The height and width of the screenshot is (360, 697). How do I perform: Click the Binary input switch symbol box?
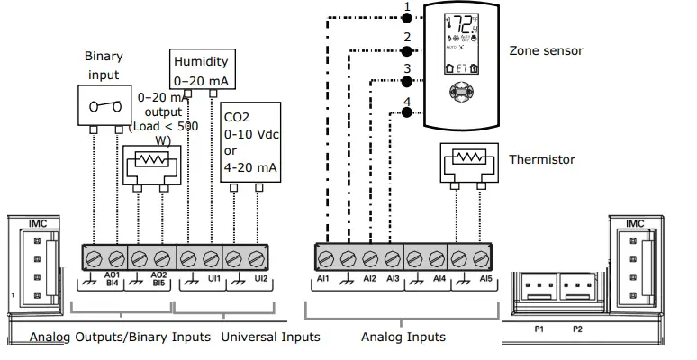tap(106, 106)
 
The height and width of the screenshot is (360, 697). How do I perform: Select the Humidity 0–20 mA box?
tap(201, 69)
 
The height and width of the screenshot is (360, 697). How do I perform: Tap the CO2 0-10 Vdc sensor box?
tap(249, 141)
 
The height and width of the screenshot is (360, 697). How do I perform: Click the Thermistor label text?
tap(540, 160)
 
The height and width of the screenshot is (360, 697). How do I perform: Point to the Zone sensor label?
tap(546, 50)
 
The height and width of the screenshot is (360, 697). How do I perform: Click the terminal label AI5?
tap(486, 280)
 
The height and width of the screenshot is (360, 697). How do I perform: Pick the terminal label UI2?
tap(261, 280)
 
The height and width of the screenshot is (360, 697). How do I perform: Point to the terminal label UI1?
tap(213, 280)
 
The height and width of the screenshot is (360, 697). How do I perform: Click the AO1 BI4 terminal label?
tap(113, 279)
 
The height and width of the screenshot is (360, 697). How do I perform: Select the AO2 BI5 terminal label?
tap(159, 279)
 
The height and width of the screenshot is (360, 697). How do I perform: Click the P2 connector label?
tap(578, 328)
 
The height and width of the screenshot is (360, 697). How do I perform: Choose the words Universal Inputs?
tap(270, 337)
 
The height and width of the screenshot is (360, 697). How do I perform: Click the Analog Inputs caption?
tap(403, 337)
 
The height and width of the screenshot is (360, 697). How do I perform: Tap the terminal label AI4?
tap(439, 280)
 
